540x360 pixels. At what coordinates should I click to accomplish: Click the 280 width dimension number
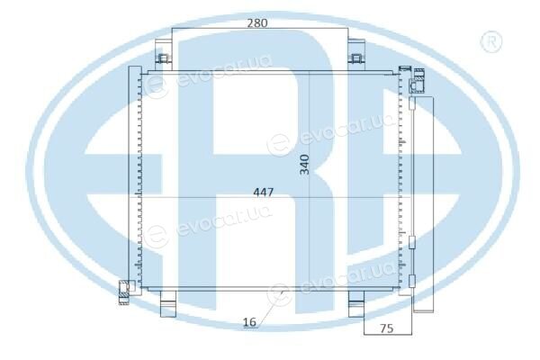[257, 23]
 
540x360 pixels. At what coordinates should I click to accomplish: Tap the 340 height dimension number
[305, 165]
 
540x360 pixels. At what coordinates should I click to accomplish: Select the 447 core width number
[264, 192]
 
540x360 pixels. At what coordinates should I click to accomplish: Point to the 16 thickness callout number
[249, 322]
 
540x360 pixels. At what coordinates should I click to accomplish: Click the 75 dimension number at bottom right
[386, 328]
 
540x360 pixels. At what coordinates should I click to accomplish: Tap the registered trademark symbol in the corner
[491, 41]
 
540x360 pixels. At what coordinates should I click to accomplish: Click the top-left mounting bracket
[163, 55]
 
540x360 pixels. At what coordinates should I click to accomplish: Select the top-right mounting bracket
[356, 55]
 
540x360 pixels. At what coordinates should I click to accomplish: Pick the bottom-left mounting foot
[168, 303]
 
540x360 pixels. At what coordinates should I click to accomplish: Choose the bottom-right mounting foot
[356, 303]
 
